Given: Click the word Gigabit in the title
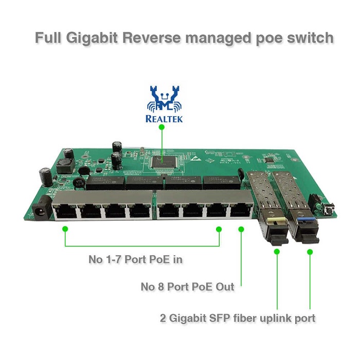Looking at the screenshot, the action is (x=92, y=38).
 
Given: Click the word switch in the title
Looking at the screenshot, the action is (x=310, y=38).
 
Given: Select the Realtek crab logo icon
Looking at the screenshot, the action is (x=164, y=99).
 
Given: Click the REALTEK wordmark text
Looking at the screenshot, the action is (x=164, y=119).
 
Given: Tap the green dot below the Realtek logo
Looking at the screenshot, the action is (x=161, y=127).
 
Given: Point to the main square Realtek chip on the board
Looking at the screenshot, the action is (x=163, y=161).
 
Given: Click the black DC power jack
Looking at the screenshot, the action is (x=41, y=209).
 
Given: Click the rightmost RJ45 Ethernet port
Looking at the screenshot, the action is (x=240, y=209).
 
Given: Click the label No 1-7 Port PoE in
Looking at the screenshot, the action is (x=135, y=259).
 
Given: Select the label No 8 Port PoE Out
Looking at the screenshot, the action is (x=187, y=287).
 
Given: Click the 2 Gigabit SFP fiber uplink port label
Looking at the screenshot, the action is (x=238, y=318).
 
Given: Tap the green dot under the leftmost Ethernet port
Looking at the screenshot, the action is (x=65, y=229).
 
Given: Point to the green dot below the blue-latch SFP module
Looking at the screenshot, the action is (x=310, y=252).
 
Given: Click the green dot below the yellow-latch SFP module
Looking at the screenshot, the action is (x=277, y=251).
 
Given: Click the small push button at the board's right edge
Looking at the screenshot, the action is (x=331, y=209).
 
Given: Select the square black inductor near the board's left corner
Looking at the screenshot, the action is (x=65, y=166).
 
